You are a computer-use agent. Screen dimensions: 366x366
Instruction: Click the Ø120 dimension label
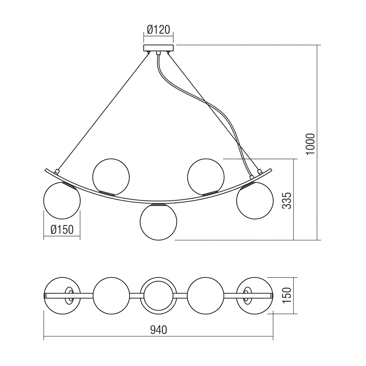pyautogui.click(x=159, y=30)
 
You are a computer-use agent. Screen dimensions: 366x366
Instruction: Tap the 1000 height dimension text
pyautogui.click(x=311, y=144)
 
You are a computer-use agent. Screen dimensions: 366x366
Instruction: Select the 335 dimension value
pyautogui.click(x=287, y=201)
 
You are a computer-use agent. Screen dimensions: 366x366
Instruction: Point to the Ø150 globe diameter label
pyautogui.click(x=62, y=229)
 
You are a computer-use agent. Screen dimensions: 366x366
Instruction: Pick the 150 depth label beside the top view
pyautogui.click(x=287, y=296)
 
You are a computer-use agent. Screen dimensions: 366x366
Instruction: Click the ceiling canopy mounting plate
pyautogui.click(x=159, y=48)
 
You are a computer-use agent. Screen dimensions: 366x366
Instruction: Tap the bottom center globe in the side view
pyautogui.click(x=159, y=222)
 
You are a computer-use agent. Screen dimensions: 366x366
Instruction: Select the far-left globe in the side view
pyautogui.click(x=62, y=201)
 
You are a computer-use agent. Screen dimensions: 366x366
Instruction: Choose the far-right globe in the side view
pyautogui.click(x=255, y=201)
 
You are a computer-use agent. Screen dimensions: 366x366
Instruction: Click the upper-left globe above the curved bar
pyautogui.click(x=111, y=177)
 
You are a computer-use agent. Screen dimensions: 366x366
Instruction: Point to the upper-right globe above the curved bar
pyautogui.click(x=206, y=177)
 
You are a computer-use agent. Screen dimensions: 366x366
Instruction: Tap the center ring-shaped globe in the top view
pyautogui.click(x=159, y=296)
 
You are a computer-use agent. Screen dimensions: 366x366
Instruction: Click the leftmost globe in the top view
pyautogui.click(x=62, y=296)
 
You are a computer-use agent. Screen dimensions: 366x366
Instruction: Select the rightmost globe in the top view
pyautogui.click(x=255, y=296)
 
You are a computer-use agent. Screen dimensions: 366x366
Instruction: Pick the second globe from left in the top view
pyautogui.click(x=111, y=296)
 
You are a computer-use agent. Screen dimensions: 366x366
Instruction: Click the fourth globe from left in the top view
pyautogui.click(x=206, y=296)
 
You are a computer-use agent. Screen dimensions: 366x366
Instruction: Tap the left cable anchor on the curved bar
pyautogui.click(x=56, y=172)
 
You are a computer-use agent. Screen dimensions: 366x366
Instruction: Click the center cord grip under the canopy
pyautogui.click(x=159, y=53)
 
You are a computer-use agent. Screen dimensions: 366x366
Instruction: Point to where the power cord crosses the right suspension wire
pyautogui.click(x=206, y=102)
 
